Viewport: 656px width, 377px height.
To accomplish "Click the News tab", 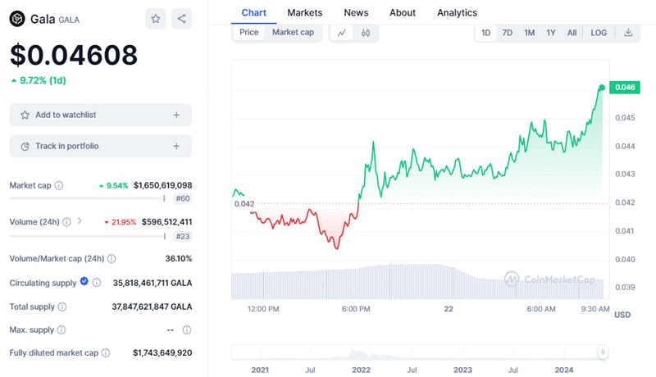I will point(356,12).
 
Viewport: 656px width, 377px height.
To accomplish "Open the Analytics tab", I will point(457,12).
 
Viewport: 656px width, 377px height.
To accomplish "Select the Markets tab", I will point(304,12).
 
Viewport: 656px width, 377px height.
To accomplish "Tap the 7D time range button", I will point(508,33).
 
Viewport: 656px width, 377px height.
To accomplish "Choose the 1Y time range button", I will point(551,33).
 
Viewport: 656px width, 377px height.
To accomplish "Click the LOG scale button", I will point(599,33).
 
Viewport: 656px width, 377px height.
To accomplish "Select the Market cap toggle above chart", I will point(293,33).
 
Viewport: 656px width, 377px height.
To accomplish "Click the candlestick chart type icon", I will point(366,33).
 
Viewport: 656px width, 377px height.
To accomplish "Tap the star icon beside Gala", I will point(155,18).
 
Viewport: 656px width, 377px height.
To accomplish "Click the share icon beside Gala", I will point(182,18).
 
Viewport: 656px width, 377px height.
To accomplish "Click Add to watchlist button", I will point(100,115).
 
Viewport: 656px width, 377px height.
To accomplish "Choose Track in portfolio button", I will point(100,146).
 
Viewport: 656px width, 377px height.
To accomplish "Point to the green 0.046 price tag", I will point(626,88).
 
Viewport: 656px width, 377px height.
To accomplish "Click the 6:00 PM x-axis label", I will point(357,309).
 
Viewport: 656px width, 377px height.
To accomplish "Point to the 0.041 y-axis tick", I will point(625,231).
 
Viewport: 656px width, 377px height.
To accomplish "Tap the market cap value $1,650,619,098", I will point(162,185).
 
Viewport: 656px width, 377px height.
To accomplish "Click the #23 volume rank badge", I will point(183,236).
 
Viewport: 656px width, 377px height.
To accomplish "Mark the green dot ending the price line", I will point(602,88).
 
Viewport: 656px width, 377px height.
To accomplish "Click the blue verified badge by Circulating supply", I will point(84,282).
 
